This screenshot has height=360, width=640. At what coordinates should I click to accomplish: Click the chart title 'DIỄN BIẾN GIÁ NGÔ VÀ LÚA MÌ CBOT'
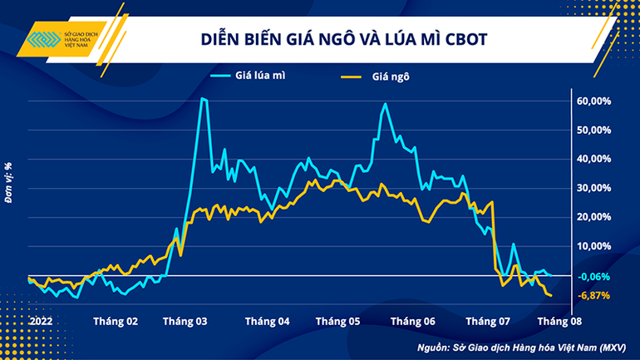[342, 39]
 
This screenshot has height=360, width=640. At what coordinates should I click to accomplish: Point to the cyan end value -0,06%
[594, 276]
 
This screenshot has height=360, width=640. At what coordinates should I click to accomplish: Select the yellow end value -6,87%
[594, 295]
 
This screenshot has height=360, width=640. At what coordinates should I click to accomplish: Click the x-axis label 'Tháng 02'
[116, 320]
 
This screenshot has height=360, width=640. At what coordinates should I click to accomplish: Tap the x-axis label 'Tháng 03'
[185, 320]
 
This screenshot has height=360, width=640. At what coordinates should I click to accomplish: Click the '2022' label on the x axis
[39, 320]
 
